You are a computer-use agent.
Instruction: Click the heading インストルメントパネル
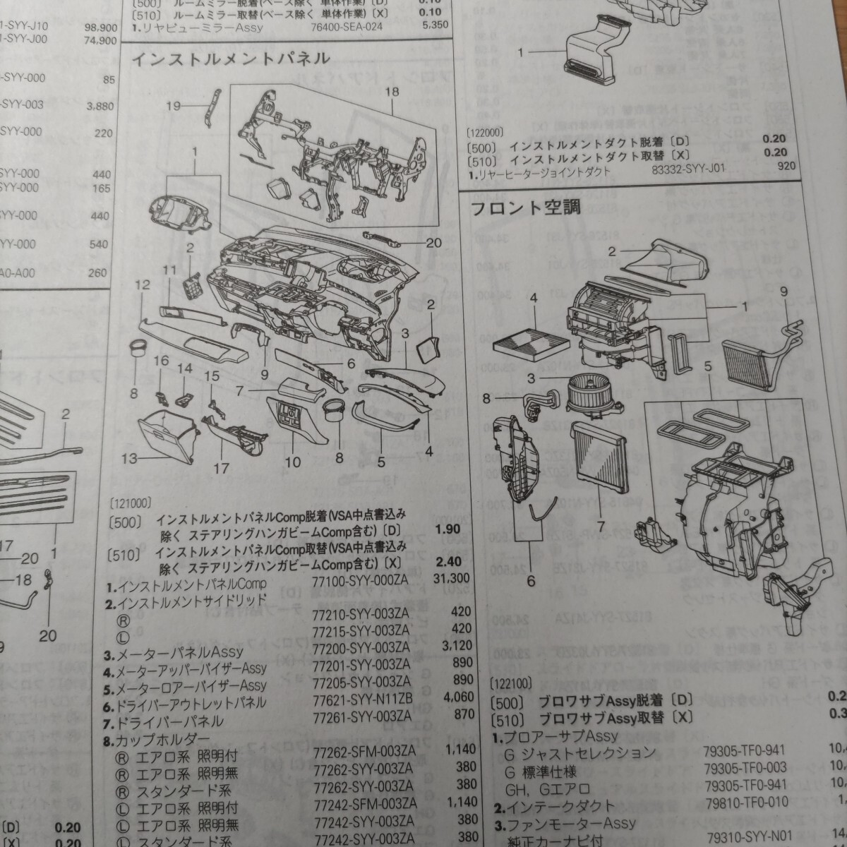pyautogui.click(x=229, y=59)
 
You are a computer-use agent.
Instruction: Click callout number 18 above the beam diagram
pyautogui.click(x=392, y=92)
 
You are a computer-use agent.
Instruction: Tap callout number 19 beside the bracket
pyautogui.click(x=174, y=106)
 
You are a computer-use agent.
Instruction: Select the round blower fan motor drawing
pyautogui.click(x=584, y=392)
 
